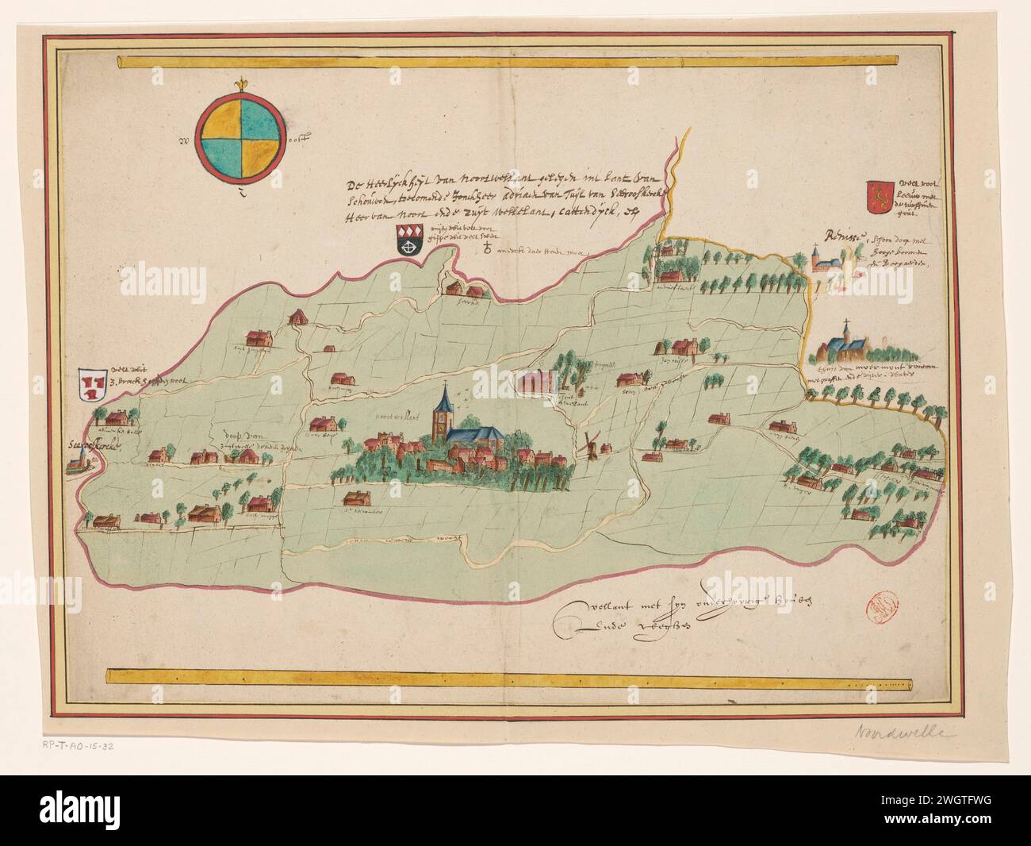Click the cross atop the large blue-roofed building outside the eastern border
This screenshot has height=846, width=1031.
click(847, 325)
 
